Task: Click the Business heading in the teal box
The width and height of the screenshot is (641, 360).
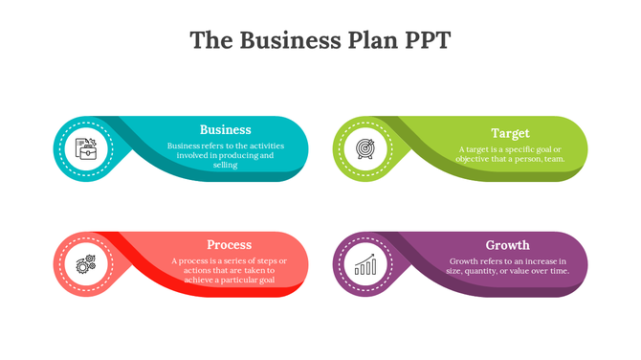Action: (x=226, y=129)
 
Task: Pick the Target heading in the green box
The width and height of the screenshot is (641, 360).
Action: (x=510, y=133)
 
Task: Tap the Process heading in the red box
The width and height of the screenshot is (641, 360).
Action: (x=229, y=244)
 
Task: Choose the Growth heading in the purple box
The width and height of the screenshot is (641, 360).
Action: (x=507, y=245)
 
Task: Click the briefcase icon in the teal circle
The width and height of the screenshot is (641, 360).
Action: (x=86, y=148)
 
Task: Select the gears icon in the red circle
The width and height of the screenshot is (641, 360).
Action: (x=86, y=262)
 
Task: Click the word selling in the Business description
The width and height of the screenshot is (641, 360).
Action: (x=226, y=165)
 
